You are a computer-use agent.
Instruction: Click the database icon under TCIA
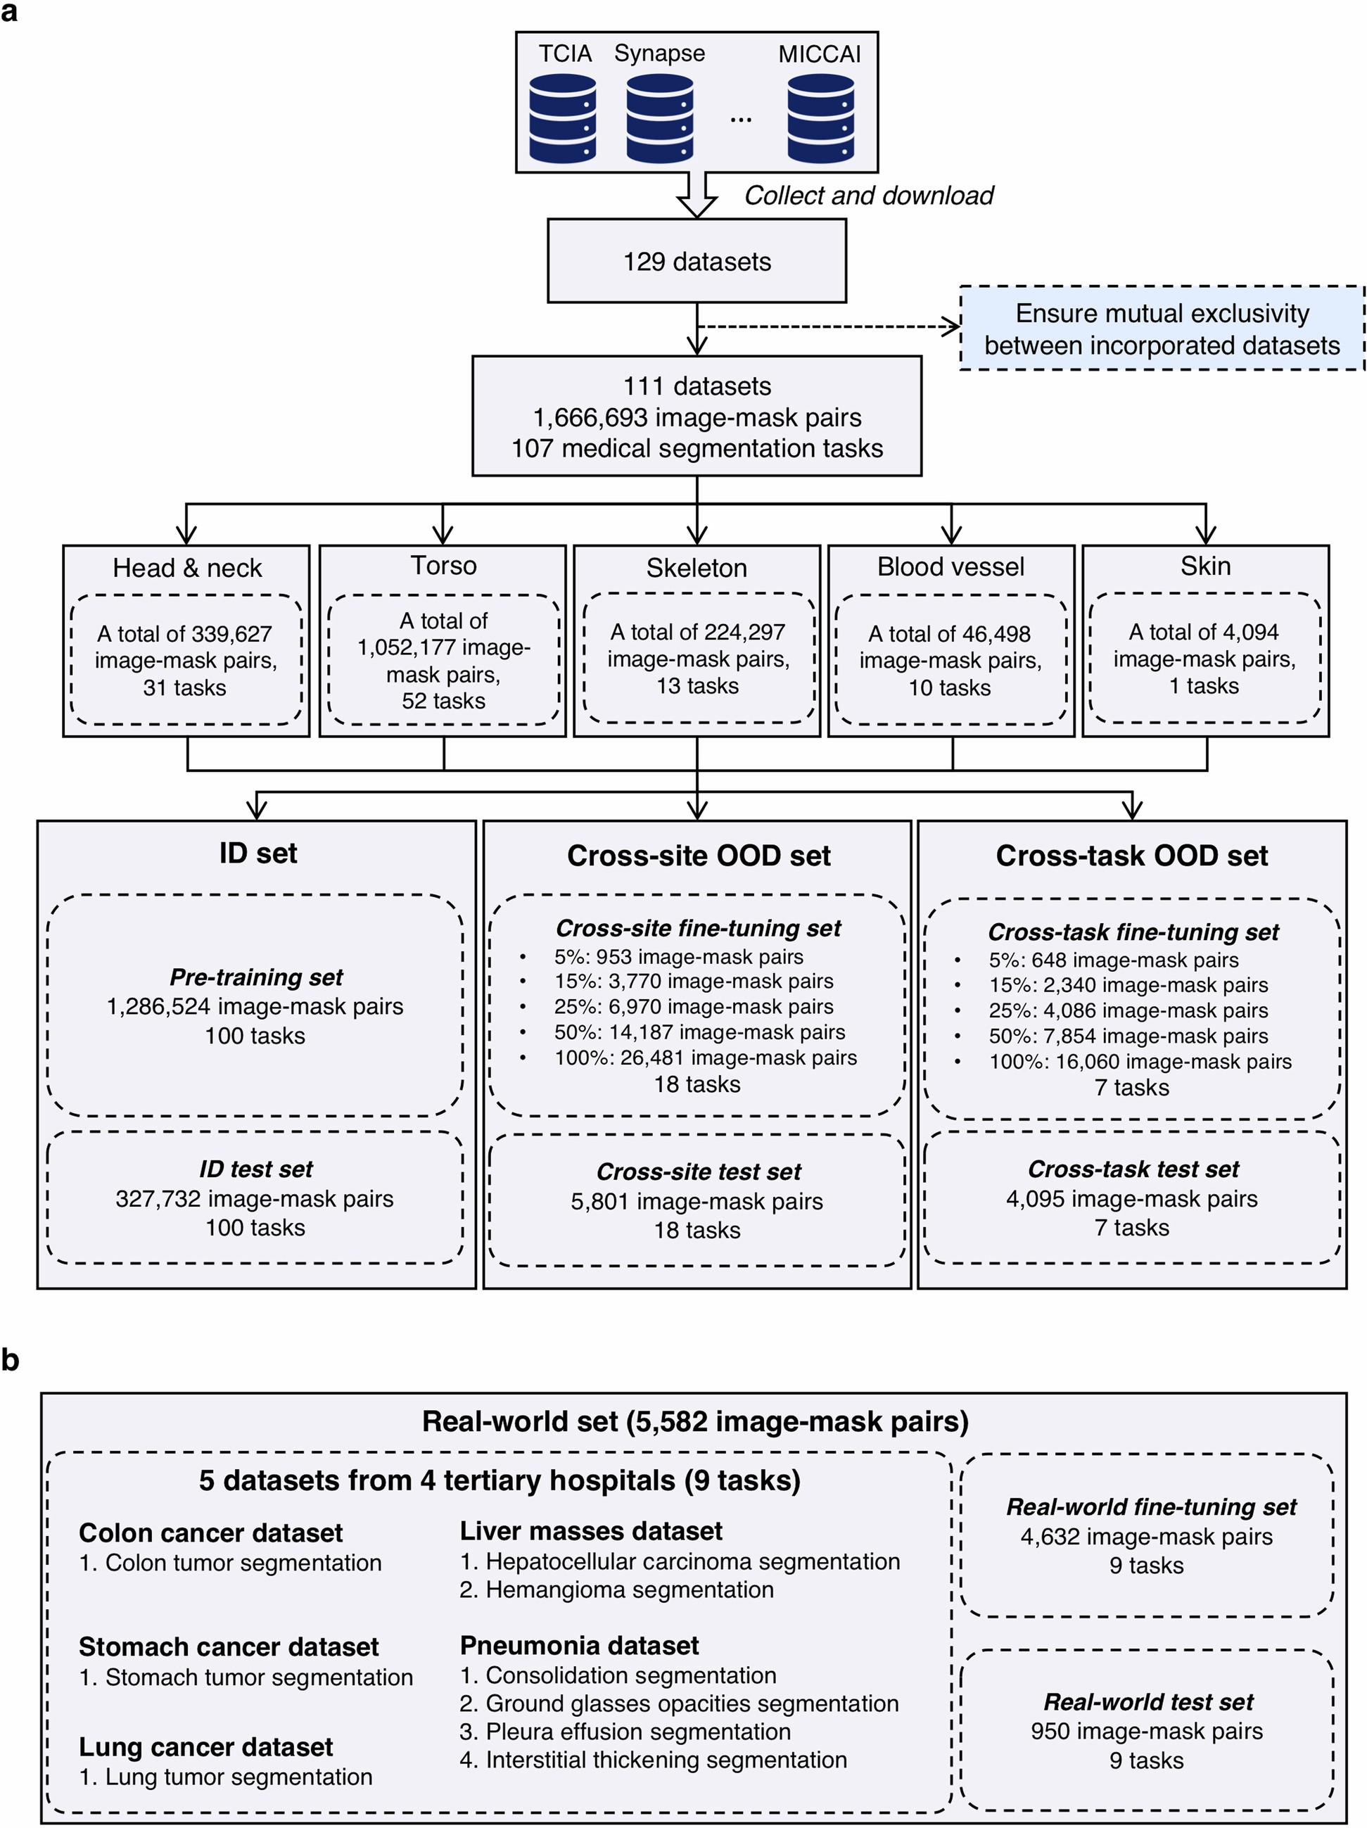563,118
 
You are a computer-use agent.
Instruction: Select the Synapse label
659,53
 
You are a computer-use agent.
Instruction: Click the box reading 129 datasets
697,261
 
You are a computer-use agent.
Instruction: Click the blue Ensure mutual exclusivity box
1161,329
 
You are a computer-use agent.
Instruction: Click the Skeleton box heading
697,568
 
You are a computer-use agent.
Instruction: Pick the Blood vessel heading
950,567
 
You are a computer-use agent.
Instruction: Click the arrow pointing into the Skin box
1206,529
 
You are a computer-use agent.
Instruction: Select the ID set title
258,853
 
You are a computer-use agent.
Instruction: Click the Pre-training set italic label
256,977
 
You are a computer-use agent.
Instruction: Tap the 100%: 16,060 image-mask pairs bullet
1140,1061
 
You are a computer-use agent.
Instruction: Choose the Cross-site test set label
699,1172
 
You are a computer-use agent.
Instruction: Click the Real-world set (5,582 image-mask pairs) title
695,1421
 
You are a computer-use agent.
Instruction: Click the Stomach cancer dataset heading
228,1646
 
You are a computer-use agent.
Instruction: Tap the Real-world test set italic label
1148,1701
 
